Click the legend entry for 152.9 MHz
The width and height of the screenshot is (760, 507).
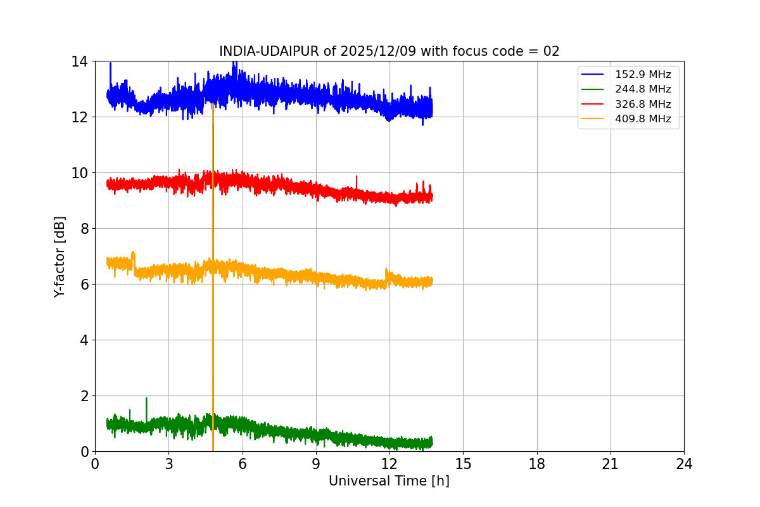642,75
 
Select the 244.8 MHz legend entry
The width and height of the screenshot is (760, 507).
642,89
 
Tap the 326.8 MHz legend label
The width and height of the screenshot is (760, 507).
642,104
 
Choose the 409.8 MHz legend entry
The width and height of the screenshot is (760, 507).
642,119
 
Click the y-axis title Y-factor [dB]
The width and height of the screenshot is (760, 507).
60,256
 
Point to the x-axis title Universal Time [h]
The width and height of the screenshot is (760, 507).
389,481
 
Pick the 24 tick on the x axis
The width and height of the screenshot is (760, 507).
684,464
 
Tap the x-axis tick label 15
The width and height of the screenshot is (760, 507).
463,464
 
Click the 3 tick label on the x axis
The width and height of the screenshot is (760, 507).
168,464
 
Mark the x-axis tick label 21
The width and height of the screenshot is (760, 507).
611,464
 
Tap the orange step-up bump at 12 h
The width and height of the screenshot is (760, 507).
387,273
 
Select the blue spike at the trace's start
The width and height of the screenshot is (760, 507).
110,65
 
